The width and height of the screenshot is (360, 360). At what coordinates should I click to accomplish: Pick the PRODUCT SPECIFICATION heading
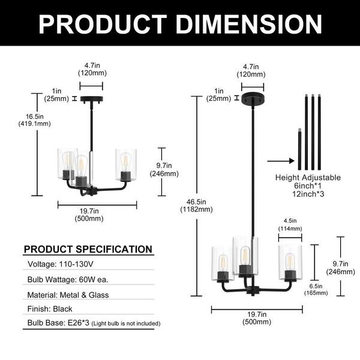pos(88,249)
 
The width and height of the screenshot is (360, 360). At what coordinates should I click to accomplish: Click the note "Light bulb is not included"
pos(130,324)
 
